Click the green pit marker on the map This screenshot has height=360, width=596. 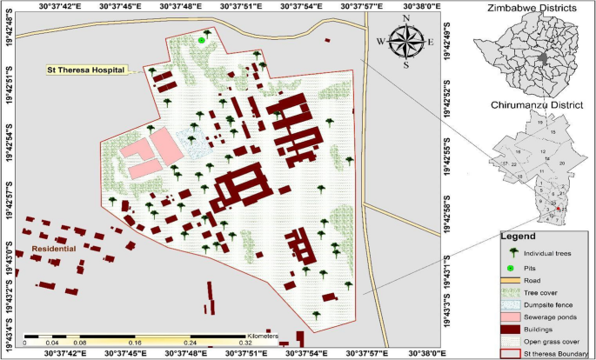point(202,40)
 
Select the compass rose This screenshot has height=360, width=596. point(405,40)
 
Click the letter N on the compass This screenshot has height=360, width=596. point(405,18)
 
